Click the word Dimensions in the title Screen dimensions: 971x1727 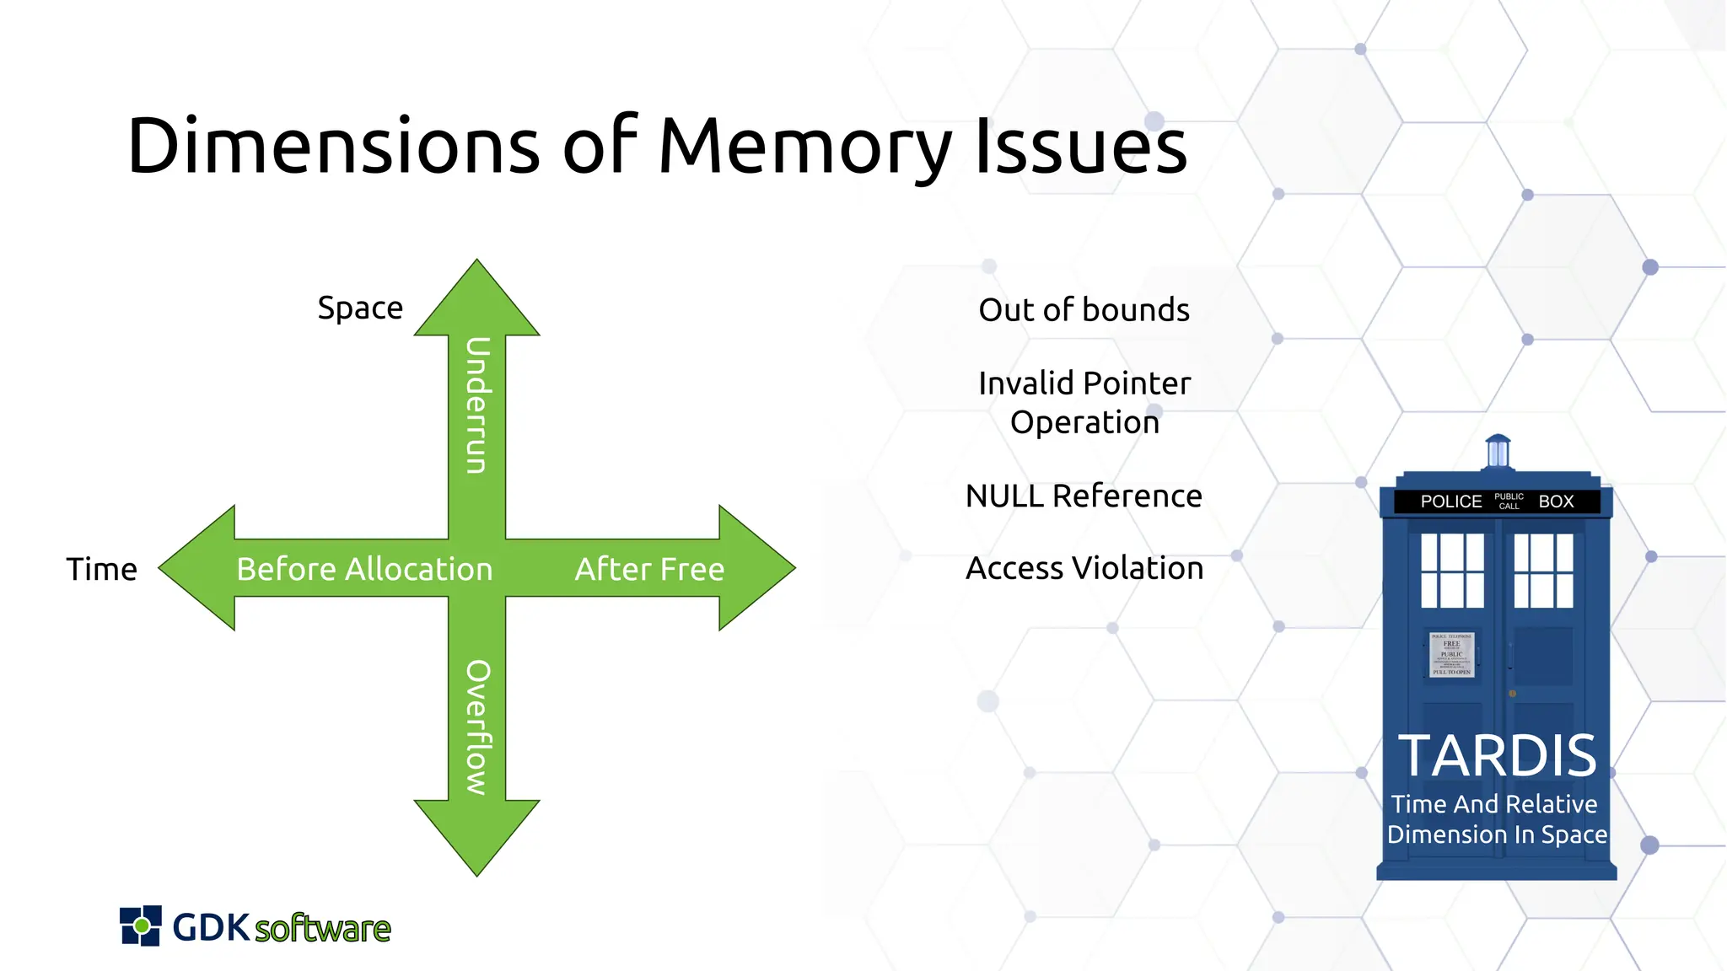(333, 146)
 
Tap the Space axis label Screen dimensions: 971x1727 (360, 308)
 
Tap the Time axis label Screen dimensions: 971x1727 (101, 570)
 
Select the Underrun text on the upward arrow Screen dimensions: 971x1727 (477, 405)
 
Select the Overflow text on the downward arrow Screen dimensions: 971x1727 (477, 727)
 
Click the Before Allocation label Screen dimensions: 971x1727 (364, 570)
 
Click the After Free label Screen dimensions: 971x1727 (649, 570)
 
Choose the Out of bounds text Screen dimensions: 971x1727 (1084, 310)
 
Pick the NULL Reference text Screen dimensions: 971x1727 (1084, 496)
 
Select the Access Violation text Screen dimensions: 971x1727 (1084, 569)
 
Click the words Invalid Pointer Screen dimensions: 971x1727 (1084, 384)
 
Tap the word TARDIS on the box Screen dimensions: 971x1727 (1497, 756)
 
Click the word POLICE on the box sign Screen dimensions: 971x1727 (1450, 502)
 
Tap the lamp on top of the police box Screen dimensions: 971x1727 (1498, 451)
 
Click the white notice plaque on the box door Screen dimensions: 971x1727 (1451, 654)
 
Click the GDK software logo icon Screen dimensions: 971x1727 (141, 926)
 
